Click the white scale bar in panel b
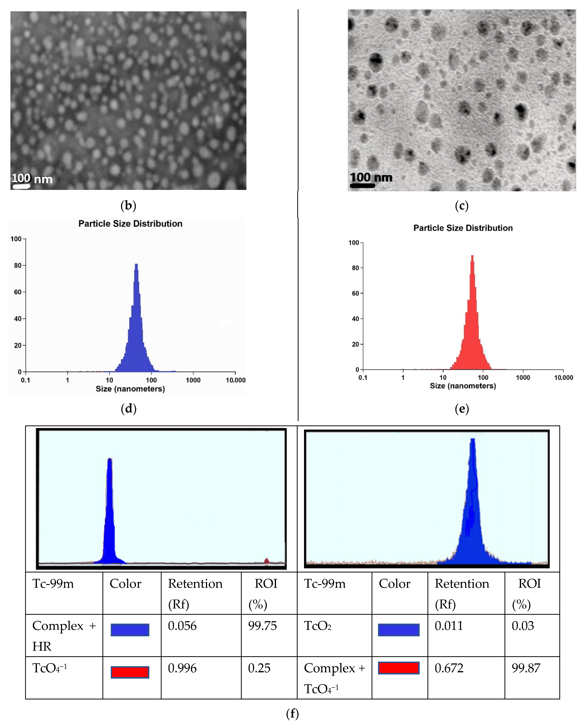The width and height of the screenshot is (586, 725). pyautogui.click(x=21, y=186)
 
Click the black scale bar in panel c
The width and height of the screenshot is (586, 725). pyautogui.click(x=362, y=185)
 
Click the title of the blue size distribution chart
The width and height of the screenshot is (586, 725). pyautogui.click(x=130, y=224)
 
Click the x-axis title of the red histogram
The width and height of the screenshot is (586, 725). pyautogui.click(x=463, y=386)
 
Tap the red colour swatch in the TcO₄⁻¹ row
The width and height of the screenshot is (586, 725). pyautogui.click(x=130, y=672)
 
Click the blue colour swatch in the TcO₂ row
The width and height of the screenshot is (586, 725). pyautogui.click(x=399, y=630)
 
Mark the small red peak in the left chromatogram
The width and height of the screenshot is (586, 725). pyautogui.click(x=267, y=561)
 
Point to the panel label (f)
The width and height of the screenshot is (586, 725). pyautogui.click(x=292, y=714)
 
